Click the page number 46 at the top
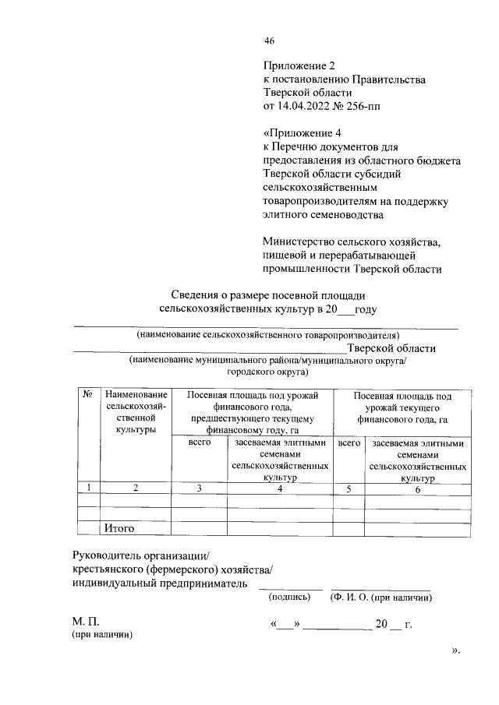click(269, 41)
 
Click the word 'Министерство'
click(301, 242)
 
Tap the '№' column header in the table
click(88, 396)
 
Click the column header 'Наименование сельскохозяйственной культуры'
click(136, 413)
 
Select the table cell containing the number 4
click(278, 488)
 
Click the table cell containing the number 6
click(418, 489)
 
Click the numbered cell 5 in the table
click(349, 488)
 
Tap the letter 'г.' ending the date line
click(408, 625)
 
